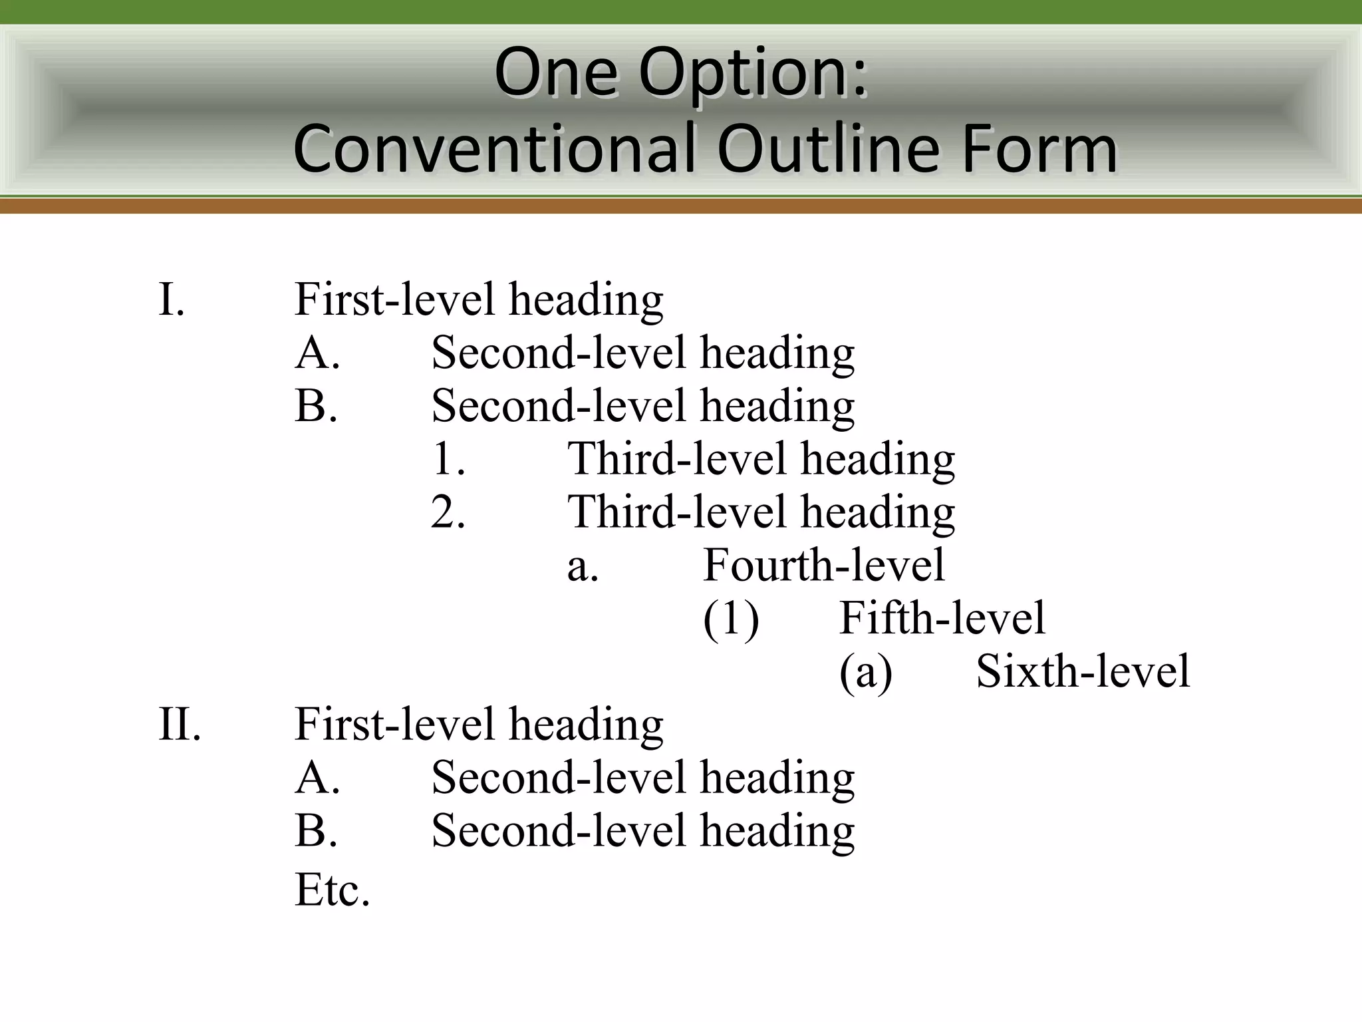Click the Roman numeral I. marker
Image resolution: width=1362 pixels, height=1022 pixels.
[172, 299]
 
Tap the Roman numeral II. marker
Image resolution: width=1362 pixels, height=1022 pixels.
[180, 724]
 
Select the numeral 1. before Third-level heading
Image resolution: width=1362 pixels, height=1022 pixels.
[448, 459]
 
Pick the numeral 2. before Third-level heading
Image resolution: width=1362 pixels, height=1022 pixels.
[448, 512]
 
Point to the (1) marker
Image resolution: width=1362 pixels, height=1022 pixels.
[731, 619]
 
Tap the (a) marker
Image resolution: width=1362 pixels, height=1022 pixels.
[866, 672]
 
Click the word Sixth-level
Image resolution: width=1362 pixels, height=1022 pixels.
[1083, 671]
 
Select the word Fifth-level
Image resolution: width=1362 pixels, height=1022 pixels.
[942, 618]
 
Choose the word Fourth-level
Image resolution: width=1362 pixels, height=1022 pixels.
[824, 566]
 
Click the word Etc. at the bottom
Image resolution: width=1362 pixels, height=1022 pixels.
[332, 890]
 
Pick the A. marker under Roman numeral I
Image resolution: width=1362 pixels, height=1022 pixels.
[318, 353]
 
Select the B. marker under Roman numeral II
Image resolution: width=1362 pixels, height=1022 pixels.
[317, 831]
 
